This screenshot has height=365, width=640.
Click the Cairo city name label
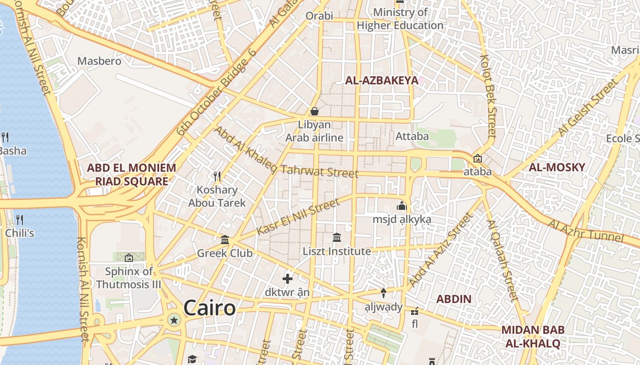point(209,308)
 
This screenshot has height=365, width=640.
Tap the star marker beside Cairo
point(174,320)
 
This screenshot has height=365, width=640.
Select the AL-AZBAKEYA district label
point(381,81)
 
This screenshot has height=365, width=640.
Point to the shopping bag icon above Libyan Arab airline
point(315,111)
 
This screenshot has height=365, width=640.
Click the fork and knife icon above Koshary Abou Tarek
point(217,176)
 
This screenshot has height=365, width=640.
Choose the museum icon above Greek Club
point(225,240)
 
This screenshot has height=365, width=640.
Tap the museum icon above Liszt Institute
point(337,237)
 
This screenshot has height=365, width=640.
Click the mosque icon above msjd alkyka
point(402,206)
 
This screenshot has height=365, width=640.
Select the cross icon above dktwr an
point(288,278)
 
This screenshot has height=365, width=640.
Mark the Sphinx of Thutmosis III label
point(128,278)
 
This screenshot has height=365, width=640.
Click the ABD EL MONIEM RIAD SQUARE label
point(132,174)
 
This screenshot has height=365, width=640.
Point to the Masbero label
point(99,61)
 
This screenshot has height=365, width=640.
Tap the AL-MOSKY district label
point(557,167)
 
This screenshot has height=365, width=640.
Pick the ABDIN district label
point(453,299)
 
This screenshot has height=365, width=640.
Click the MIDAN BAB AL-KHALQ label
point(533,336)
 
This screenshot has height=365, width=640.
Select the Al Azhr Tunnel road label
point(587,231)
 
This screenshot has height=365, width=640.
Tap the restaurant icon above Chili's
point(19,220)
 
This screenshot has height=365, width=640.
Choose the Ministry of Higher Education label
point(400,19)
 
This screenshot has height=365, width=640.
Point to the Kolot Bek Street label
point(488,96)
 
